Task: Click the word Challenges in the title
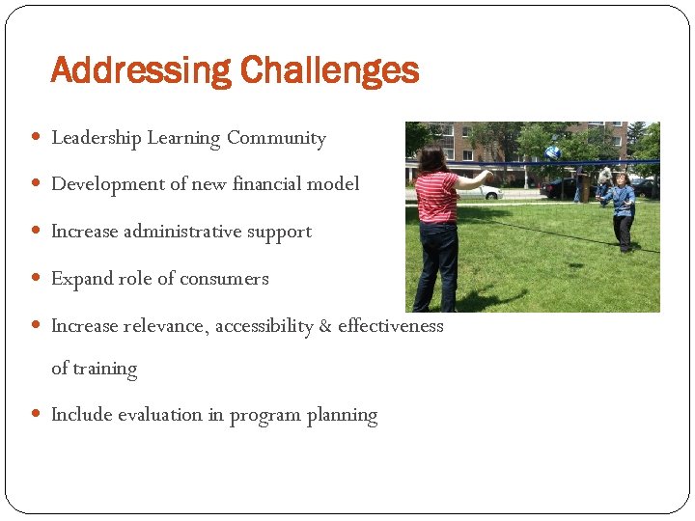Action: [329, 71]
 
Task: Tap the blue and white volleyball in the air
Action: [552, 152]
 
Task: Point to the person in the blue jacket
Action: [621, 208]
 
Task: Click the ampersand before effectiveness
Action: [325, 326]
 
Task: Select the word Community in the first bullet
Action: [276, 138]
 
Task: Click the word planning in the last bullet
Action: [342, 416]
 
